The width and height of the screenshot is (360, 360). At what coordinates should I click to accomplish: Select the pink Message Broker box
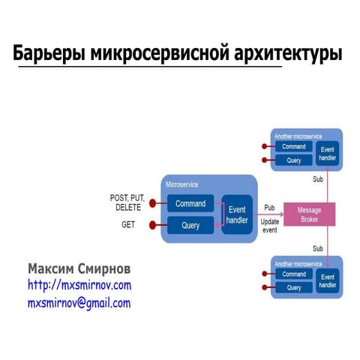coord(309,214)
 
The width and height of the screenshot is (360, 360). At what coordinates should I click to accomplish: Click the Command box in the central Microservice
coord(190,203)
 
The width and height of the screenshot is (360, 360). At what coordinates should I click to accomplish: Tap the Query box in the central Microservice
coord(190,225)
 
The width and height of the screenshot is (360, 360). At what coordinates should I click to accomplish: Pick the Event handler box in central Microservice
coord(237,214)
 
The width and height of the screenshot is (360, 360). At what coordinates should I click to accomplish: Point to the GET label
coord(128,224)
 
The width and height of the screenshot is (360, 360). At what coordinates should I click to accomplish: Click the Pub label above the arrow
coord(269,207)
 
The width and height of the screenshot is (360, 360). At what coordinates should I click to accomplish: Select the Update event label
coord(270,226)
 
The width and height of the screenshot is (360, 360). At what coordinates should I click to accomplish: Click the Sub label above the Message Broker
coord(318,179)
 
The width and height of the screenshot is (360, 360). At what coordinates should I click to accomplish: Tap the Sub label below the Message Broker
coord(318,248)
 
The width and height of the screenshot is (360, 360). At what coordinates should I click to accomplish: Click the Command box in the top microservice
coord(294,147)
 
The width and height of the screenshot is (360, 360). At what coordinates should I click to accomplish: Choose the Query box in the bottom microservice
coord(294,287)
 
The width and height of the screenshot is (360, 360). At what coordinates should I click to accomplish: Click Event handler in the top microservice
coord(328,153)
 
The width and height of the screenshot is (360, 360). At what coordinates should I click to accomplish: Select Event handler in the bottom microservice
coord(328,280)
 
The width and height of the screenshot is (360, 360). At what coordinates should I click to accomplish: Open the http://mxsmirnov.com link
coord(79,286)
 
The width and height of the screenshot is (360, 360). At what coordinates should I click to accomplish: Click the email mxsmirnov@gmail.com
coord(79,303)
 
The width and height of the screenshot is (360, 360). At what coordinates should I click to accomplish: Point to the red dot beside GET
coord(153,225)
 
